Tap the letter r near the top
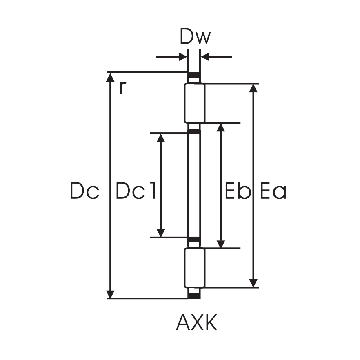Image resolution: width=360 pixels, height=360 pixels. (121, 87)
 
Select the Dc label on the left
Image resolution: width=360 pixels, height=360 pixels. (84, 191)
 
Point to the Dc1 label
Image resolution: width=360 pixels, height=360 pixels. (136, 191)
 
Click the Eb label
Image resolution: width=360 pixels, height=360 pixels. (237, 191)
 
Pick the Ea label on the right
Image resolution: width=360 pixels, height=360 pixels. (273, 191)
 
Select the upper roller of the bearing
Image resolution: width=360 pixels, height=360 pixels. (194, 103)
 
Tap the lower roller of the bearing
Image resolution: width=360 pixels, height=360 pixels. (194, 268)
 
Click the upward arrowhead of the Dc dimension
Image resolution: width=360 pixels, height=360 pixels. (110, 78)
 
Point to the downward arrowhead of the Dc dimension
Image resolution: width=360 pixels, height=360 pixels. (110, 293)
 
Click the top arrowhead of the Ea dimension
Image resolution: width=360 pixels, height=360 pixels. (253, 89)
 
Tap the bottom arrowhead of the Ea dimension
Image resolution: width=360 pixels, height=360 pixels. (253, 282)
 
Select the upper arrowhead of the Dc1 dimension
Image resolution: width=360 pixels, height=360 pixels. (161, 138)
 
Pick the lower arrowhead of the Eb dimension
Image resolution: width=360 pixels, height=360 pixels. (221, 243)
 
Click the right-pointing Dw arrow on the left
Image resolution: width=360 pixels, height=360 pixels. (182, 57)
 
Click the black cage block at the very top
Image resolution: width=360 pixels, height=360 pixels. (194, 76)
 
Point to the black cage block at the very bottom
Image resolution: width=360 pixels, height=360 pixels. (194, 295)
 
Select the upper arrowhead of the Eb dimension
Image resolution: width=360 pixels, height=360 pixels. (221, 128)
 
